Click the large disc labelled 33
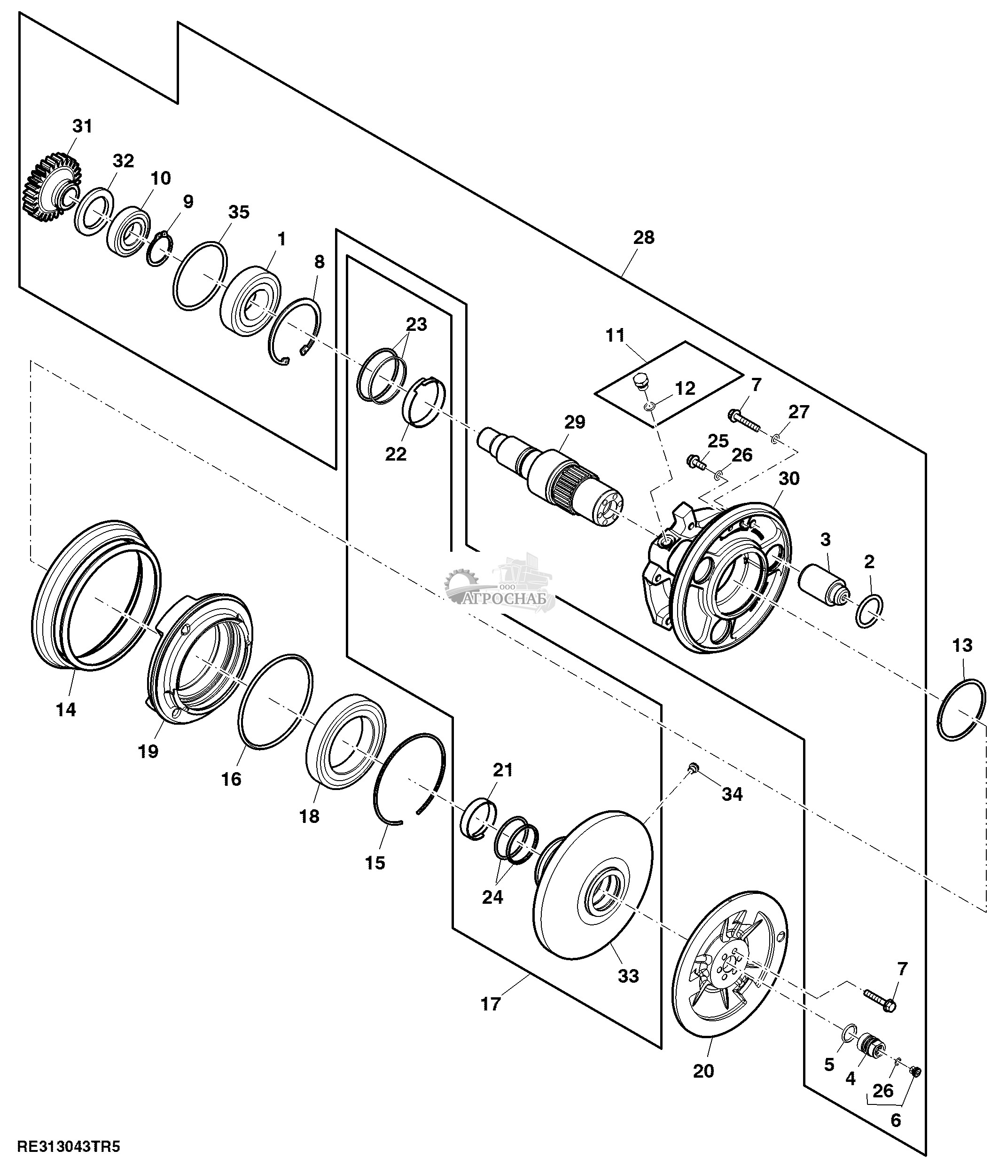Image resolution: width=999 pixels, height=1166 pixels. (x=591, y=889)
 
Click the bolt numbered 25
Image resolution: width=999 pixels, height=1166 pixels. (x=695, y=462)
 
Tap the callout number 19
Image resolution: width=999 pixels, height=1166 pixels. (x=148, y=751)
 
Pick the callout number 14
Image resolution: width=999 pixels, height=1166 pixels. (x=66, y=709)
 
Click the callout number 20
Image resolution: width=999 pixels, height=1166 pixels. (x=703, y=1070)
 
